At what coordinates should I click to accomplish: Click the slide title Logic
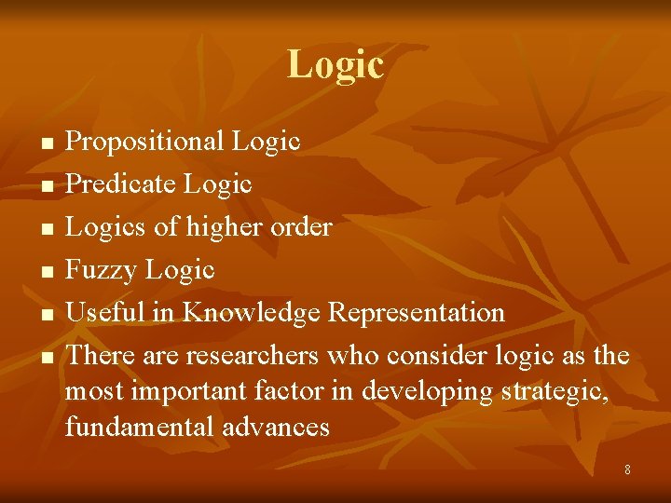point(335,65)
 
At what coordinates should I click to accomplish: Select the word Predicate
point(121,184)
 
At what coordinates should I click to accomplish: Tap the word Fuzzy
point(101,270)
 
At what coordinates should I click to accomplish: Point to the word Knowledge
point(252,313)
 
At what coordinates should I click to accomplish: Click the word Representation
point(417,312)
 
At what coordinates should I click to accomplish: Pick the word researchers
point(252,356)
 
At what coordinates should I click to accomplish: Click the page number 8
point(627,470)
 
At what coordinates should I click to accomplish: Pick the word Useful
point(104,312)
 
